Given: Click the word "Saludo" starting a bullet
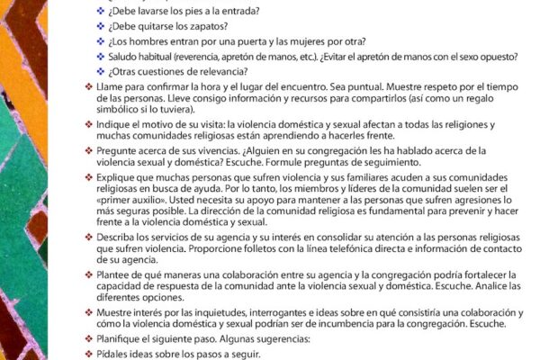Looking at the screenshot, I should click(125, 57).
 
